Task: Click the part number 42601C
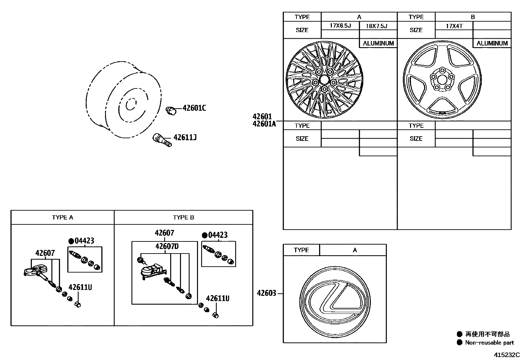click(x=194, y=108)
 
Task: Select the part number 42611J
click(x=185, y=137)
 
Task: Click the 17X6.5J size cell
click(x=340, y=26)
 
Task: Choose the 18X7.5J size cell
click(x=378, y=26)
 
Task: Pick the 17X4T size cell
click(x=454, y=26)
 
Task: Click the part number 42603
click(x=266, y=293)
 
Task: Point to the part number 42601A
click(x=264, y=124)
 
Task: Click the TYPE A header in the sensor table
click(x=63, y=218)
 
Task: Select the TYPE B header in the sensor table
click(x=183, y=218)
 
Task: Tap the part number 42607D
click(x=167, y=246)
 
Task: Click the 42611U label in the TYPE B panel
click(x=217, y=298)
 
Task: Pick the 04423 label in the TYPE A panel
click(x=84, y=241)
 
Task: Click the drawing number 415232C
click(x=507, y=355)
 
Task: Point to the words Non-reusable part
click(x=489, y=343)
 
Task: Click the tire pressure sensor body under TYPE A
click(x=34, y=271)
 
